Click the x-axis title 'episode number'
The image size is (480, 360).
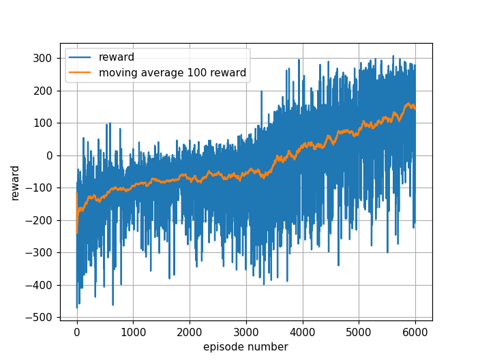coord(245,347)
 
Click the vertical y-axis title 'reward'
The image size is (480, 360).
coord(15,182)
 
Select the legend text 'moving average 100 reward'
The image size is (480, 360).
coord(172,72)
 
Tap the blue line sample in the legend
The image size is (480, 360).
coord(82,57)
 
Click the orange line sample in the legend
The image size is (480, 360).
coord(82,72)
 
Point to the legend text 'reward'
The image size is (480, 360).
coord(117,57)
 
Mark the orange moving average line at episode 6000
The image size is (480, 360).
coord(415,108)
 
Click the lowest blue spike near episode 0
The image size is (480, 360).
coord(76,307)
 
